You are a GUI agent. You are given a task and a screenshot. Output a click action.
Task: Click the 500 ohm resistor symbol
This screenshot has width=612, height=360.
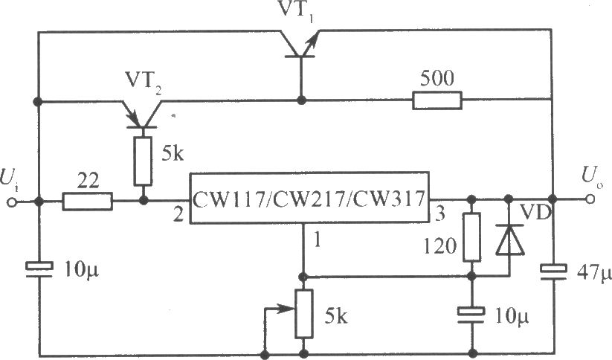(x=437, y=100)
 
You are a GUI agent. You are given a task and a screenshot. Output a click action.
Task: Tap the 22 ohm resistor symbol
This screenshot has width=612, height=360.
(x=88, y=201)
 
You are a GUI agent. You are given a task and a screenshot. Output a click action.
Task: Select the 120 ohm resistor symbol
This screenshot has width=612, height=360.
(x=472, y=237)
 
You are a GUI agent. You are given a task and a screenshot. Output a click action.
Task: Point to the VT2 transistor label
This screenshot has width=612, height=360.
(x=143, y=82)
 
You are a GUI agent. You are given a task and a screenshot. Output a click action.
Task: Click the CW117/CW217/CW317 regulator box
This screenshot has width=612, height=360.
(x=309, y=198)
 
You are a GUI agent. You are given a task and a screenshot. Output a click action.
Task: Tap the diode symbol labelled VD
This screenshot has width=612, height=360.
(x=509, y=240)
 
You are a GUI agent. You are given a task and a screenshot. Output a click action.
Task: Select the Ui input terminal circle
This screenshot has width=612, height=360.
(x=13, y=202)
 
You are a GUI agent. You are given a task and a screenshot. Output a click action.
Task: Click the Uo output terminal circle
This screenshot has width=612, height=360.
(x=590, y=199)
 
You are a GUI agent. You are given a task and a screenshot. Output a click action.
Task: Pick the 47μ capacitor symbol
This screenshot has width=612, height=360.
(x=553, y=271)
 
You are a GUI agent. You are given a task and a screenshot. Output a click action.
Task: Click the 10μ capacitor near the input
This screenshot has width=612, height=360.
(x=39, y=269)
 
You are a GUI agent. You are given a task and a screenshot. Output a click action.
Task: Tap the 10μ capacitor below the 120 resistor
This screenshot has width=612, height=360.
(x=471, y=315)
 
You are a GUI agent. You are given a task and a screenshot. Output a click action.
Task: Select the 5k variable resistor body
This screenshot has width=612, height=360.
(x=303, y=314)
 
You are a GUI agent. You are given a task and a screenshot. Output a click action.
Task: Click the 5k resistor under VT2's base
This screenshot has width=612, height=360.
(x=144, y=161)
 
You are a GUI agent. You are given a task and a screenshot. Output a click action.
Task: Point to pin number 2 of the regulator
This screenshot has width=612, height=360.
(x=178, y=215)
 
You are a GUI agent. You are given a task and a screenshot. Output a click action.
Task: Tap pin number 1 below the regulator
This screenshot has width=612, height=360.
(x=317, y=240)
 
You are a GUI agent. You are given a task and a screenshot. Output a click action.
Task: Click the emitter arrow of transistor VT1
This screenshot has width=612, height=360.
(x=311, y=43)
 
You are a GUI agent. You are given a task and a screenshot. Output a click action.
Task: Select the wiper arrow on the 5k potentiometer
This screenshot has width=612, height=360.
(x=280, y=309)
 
